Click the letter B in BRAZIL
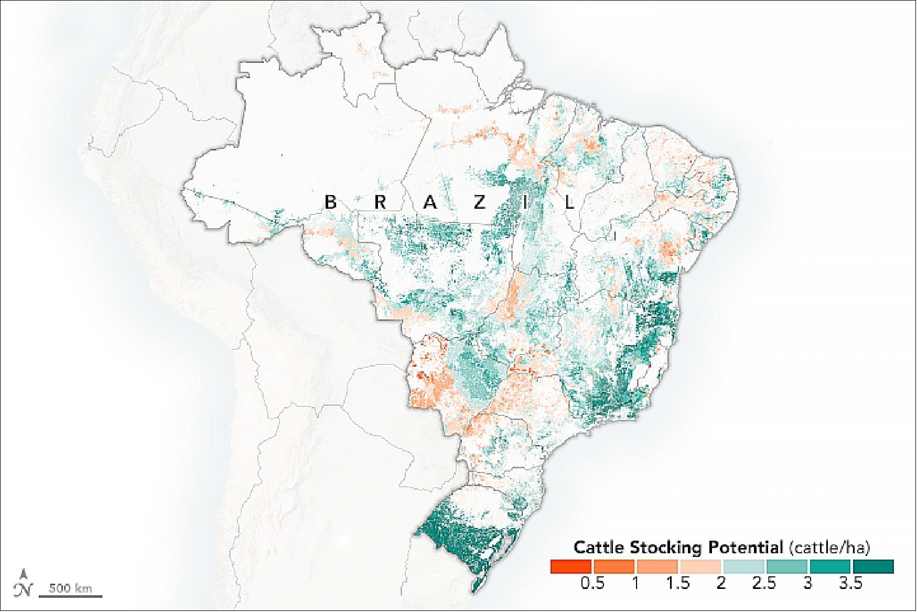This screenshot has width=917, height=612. coord(330,202)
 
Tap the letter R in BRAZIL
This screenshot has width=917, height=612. coord(380,202)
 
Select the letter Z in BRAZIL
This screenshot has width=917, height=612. coord(478,202)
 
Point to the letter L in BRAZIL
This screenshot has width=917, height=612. coord(570,202)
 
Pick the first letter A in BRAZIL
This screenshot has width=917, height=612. coord(430,202)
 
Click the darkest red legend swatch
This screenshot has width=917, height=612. coord(570,566)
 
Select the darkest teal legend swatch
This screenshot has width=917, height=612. coord(873,566)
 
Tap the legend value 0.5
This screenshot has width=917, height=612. coord(592,583)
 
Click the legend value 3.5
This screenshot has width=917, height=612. coord(851,583)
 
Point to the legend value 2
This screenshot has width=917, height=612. coord(721,583)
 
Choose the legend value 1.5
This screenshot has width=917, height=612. coord(678,583)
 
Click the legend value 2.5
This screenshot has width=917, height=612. coord(764,583)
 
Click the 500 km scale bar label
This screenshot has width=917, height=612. coord(70,588)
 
